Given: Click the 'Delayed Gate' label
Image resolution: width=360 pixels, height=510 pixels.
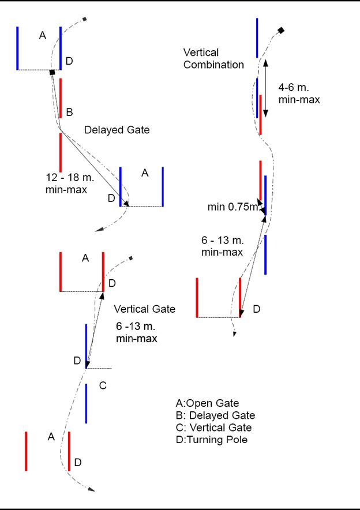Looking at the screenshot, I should pos(117,130).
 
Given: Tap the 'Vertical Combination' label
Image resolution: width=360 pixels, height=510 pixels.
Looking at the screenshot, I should pos(213,58).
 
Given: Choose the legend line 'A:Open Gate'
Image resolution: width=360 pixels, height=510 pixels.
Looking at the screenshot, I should pos(207,403).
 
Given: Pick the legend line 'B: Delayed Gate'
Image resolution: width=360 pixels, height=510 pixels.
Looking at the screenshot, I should pos(215,415).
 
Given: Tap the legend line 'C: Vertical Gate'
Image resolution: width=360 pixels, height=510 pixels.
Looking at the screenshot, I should pos(213,427).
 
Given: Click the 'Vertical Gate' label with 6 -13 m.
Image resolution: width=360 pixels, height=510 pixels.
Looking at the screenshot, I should pos(145,309).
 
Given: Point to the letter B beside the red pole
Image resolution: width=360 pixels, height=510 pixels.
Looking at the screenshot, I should pos(69,112).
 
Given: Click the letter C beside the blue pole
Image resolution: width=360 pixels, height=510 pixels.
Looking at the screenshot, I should pos(103,385).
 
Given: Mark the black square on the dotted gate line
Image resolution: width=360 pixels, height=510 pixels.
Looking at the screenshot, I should pos(52,72).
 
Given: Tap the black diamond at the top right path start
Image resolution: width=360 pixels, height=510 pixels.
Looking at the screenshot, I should pos(281,30).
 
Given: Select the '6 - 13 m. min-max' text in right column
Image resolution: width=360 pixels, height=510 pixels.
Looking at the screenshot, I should pos(222,246).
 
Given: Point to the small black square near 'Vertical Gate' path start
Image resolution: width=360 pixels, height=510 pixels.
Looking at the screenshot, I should pos(132,258).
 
